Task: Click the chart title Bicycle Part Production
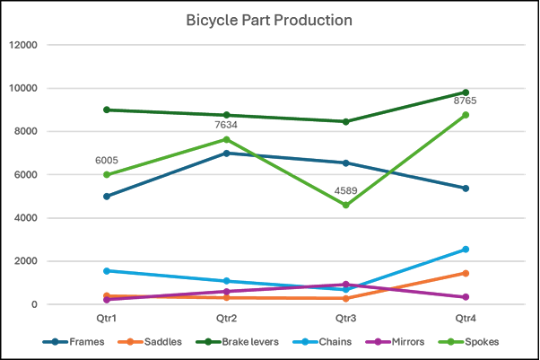click(269, 20)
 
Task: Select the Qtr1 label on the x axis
click(108, 319)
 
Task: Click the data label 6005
click(108, 161)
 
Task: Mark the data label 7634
click(227, 125)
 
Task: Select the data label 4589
click(346, 190)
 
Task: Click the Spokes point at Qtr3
click(346, 206)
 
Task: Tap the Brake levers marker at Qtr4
click(466, 92)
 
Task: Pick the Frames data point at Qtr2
click(227, 154)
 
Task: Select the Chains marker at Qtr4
click(466, 250)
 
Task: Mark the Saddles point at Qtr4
click(466, 273)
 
